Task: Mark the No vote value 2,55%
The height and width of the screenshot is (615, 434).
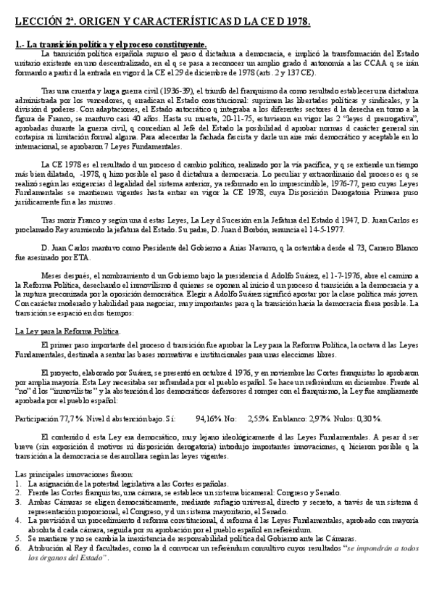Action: tap(259, 418)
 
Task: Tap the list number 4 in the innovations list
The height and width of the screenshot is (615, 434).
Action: tap(17, 520)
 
